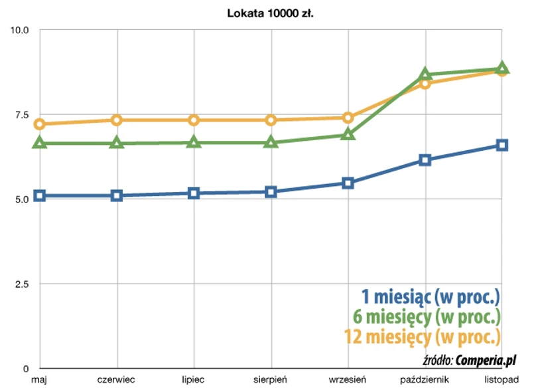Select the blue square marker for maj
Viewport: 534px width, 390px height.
tap(40, 195)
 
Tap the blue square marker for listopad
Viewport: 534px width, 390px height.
tap(502, 145)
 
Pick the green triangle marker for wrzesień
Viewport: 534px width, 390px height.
tap(348, 134)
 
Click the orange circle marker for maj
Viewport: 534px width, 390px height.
tap(40, 124)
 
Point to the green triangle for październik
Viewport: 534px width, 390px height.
tap(425, 74)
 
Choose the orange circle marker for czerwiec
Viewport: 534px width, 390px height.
tap(117, 120)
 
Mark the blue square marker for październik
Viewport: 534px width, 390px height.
tap(425, 160)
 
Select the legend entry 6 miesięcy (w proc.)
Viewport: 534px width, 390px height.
tap(430, 317)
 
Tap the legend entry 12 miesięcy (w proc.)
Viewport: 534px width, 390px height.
tap(422, 337)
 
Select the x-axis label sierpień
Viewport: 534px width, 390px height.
tap(271, 379)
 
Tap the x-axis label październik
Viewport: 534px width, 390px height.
tap(425, 379)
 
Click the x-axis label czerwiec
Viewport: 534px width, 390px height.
tap(117, 379)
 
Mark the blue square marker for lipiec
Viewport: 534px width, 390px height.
tap(194, 193)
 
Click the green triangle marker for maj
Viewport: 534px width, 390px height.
tap(40, 143)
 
